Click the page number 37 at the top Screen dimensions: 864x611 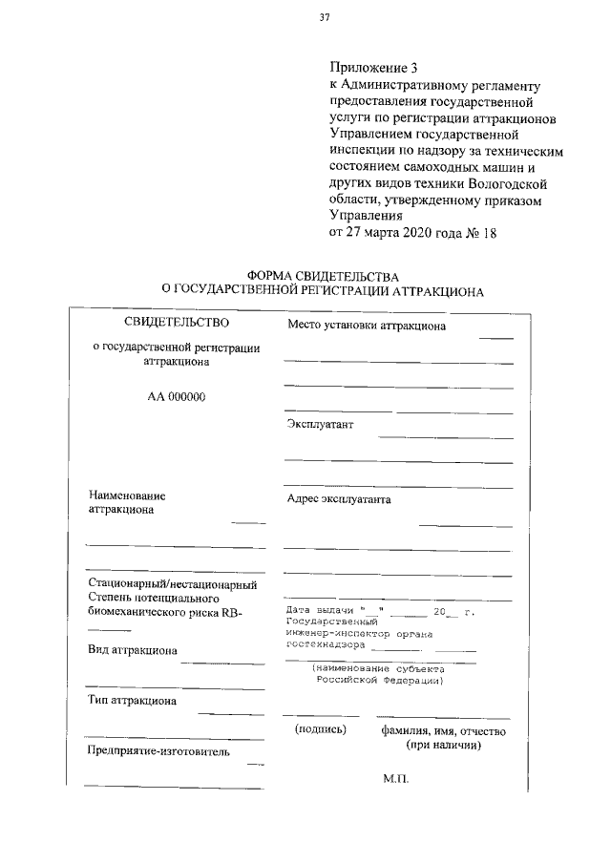325,16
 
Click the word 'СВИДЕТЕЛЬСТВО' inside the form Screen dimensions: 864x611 177,325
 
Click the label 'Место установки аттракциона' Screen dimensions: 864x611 367,327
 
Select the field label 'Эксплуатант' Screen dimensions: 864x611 321,425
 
